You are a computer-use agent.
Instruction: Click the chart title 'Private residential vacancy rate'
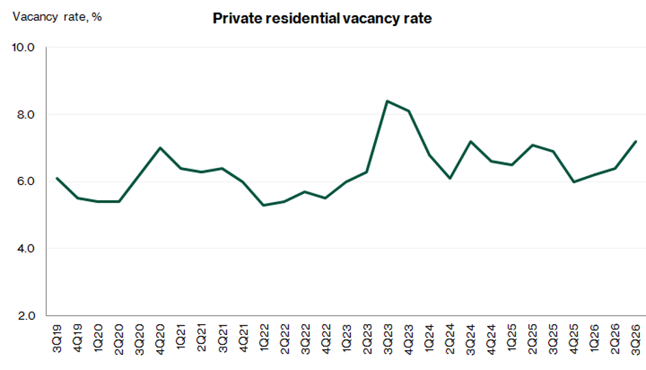coord(322,18)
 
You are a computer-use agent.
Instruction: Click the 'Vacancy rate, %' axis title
coord(57,17)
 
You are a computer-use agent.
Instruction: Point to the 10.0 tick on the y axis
coord(23,47)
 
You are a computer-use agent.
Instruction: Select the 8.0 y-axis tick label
coord(25,114)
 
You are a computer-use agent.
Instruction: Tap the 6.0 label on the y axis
coord(25,182)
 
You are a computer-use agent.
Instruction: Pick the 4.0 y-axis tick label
coord(25,249)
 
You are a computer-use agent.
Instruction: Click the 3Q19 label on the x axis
coord(57,338)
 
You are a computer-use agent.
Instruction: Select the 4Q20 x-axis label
coord(160,339)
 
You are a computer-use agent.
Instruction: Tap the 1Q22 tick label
coord(263,338)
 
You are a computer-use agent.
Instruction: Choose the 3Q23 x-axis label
coord(388,339)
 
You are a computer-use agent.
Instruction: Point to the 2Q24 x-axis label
coord(450,339)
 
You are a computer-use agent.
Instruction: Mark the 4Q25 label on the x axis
coord(573,339)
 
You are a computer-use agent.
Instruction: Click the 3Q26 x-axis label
coord(636,339)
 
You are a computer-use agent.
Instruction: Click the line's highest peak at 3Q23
coord(387,101)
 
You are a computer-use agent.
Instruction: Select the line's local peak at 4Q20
coord(160,148)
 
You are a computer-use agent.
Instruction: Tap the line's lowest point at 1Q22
coord(263,205)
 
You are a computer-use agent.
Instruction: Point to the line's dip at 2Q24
coord(450,178)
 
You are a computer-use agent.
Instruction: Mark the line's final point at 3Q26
coord(636,141)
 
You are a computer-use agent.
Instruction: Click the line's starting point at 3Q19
coord(57,178)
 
